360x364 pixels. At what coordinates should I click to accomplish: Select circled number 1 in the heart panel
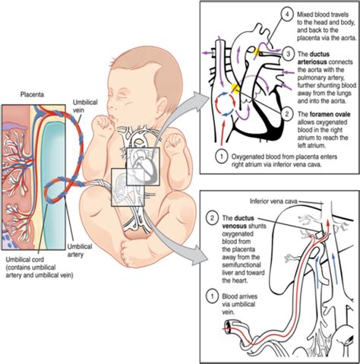[218, 158]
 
